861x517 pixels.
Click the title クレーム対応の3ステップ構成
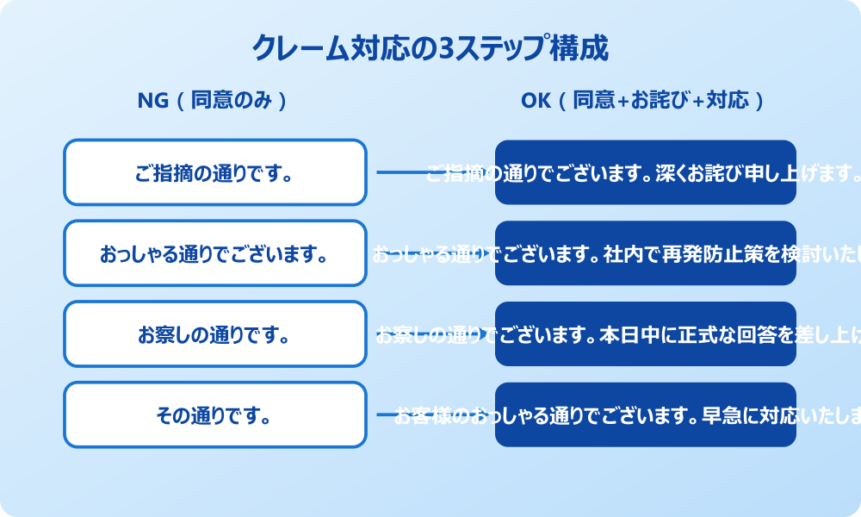tap(430, 48)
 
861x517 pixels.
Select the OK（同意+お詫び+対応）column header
tap(643, 101)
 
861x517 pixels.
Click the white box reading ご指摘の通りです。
tap(215, 172)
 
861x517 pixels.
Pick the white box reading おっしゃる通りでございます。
tap(215, 253)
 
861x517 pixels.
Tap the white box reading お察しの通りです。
tap(215, 334)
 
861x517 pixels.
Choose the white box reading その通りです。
tap(215, 415)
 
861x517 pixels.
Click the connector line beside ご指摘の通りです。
tap(400, 172)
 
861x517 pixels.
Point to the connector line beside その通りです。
tap(385, 415)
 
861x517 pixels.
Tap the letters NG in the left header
tap(152, 101)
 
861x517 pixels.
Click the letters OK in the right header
tap(535, 101)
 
